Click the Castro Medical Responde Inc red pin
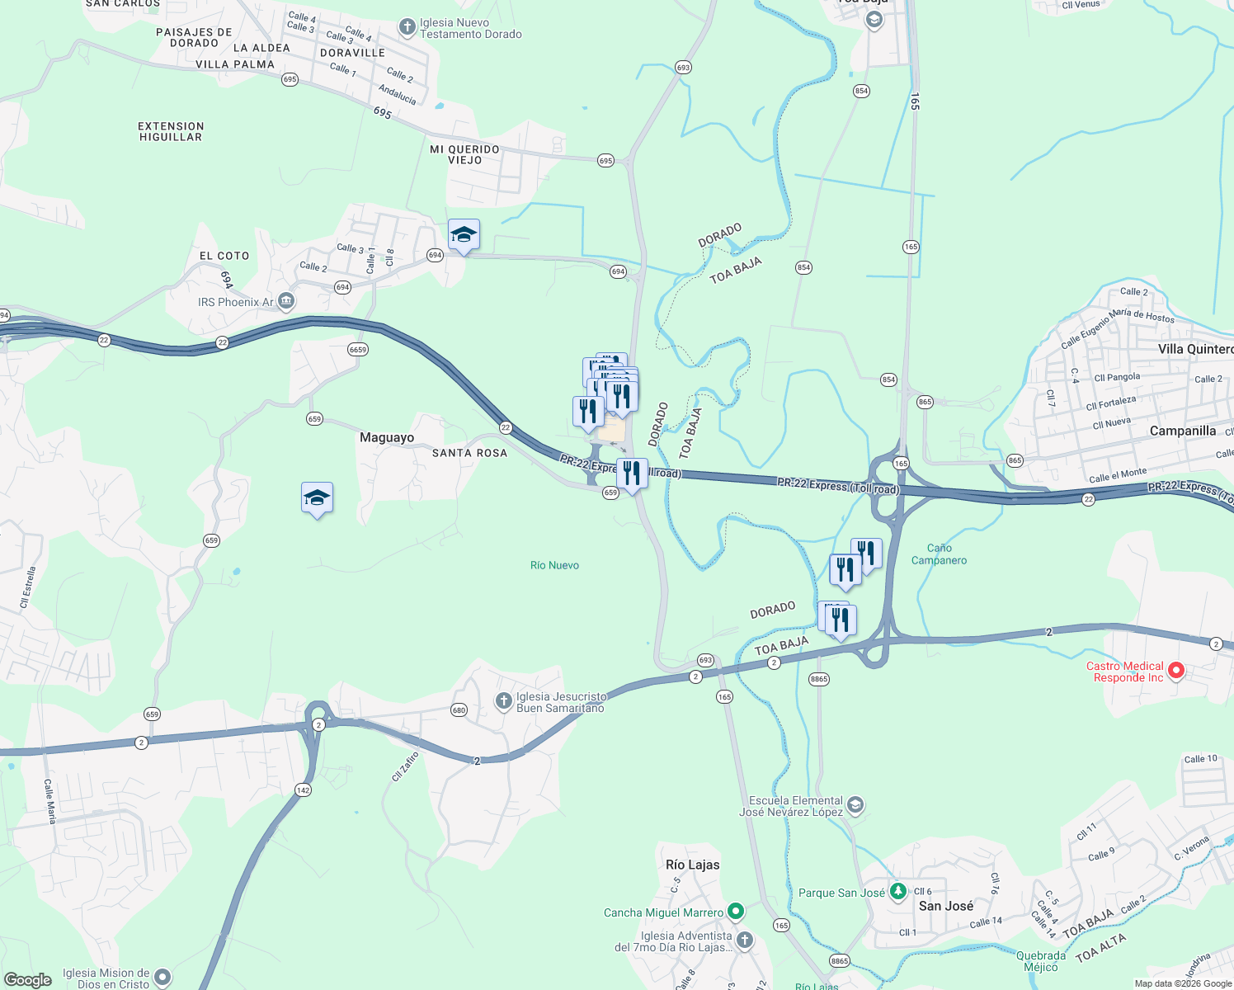pyautogui.click(x=1176, y=671)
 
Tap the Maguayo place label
pyautogui.click(x=387, y=437)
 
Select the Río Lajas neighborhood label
pyautogui.click(x=692, y=865)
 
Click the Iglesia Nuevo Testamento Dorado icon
pyautogui.click(x=407, y=27)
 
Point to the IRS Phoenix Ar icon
pyautogui.click(x=286, y=301)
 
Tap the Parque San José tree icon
pyautogui.click(x=897, y=891)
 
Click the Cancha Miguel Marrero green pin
pyautogui.click(x=736, y=912)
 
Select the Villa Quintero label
pyautogui.click(x=1195, y=349)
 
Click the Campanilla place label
pyautogui.click(x=1182, y=431)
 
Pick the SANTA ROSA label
pyautogui.click(x=469, y=453)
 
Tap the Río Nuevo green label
pyautogui.click(x=554, y=565)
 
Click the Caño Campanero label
pyautogui.click(x=939, y=554)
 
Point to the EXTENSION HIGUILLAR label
pyautogui.click(x=171, y=132)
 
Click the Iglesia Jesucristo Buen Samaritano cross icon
pyautogui.click(x=503, y=701)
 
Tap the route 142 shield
pyautogui.click(x=303, y=790)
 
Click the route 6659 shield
pyautogui.click(x=357, y=350)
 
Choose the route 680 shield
pyautogui.click(x=459, y=709)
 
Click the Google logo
pyautogui.click(x=28, y=979)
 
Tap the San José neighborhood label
pyautogui.click(x=945, y=906)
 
